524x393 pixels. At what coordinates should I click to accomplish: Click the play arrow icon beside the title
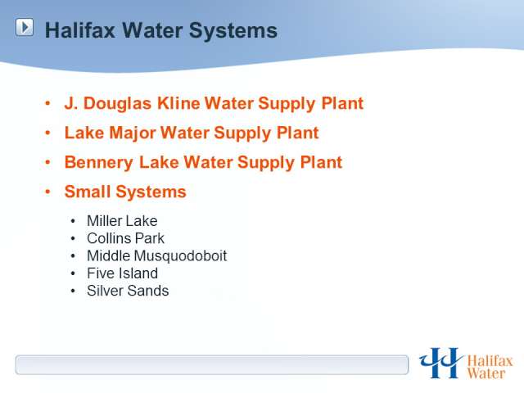click(x=25, y=27)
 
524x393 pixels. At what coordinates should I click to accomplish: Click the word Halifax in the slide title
click(x=80, y=30)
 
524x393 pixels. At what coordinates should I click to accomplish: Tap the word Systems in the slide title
click(x=233, y=31)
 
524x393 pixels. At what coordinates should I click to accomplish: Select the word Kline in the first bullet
click(x=178, y=103)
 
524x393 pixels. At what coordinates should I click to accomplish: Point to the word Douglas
click(x=117, y=104)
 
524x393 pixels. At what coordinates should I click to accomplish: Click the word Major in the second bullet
click(x=133, y=133)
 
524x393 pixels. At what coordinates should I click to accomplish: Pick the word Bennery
click(x=98, y=163)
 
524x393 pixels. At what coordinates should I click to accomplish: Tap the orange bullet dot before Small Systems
click(x=47, y=192)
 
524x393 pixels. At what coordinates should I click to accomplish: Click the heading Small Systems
click(x=125, y=192)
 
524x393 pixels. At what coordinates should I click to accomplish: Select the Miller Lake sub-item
click(x=122, y=221)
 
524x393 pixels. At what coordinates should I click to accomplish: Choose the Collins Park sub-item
click(x=125, y=238)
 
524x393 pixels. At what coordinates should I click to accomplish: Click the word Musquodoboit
click(x=180, y=256)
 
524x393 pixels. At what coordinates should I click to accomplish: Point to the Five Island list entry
click(x=122, y=273)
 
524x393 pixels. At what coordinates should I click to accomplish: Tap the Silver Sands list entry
click(x=128, y=291)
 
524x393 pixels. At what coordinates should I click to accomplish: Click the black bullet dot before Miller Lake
click(x=73, y=221)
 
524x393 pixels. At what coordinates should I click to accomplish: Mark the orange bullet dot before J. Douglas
click(x=47, y=103)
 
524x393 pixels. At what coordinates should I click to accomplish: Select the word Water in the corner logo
click(x=486, y=373)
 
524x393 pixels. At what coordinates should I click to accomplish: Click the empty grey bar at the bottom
click(x=212, y=365)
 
